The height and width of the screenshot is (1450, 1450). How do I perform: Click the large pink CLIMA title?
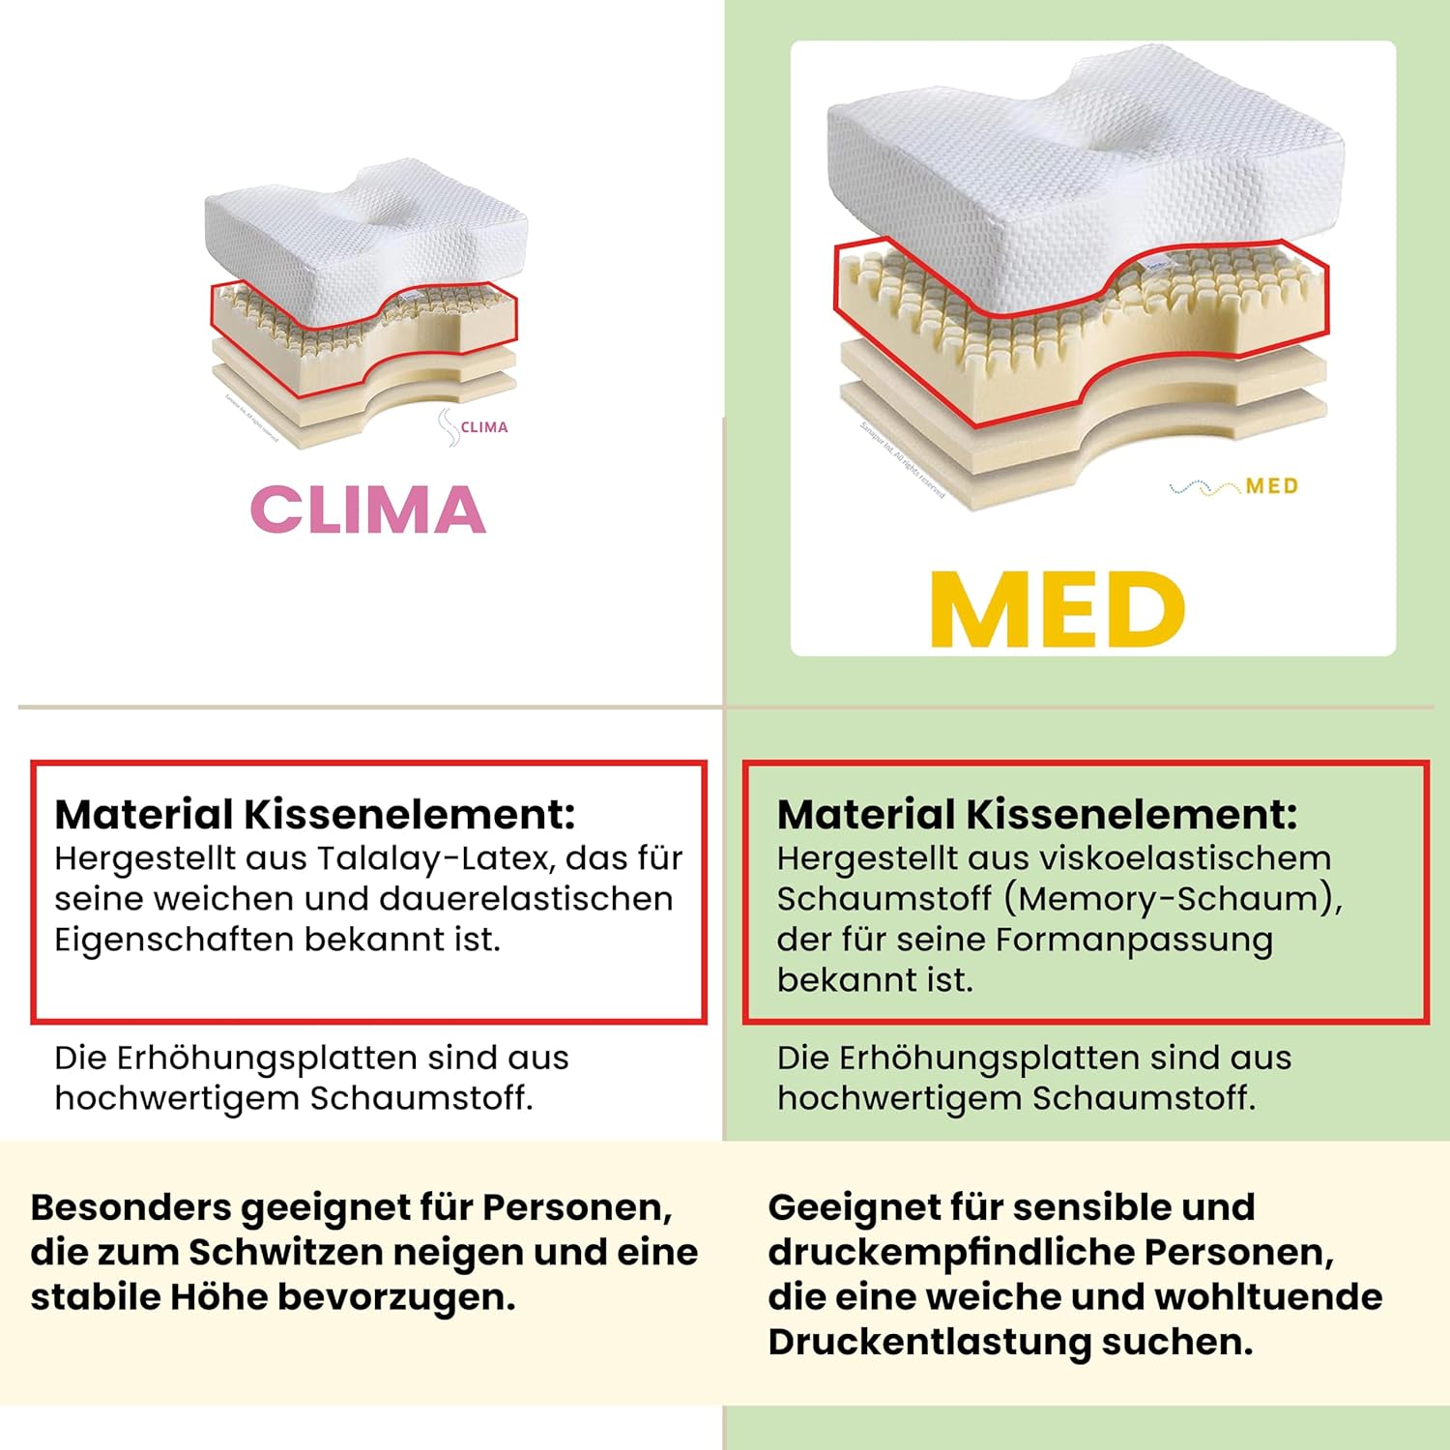(367, 509)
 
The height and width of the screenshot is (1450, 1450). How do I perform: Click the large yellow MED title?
(1057, 611)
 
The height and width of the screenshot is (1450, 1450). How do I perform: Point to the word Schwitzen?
(285, 1252)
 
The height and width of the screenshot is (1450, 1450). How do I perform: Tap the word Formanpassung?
(1134, 940)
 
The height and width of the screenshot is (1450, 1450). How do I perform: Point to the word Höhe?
(219, 1296)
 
